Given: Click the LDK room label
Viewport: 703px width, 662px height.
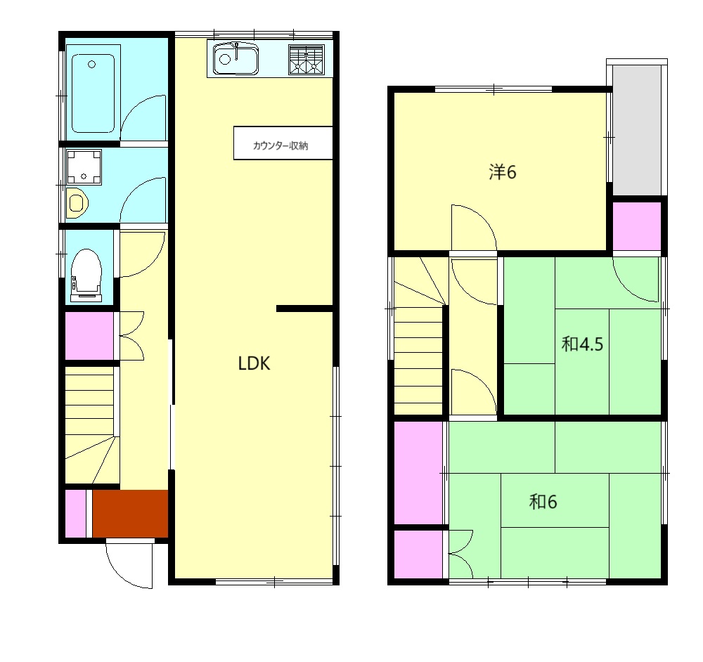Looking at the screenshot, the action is pyautogui.click(x=254, y=363).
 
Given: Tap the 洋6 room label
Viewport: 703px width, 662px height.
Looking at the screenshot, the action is pyautogui.click(x=502, y=171).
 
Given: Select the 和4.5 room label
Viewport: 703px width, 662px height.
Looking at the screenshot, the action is pyautogui.click(x=582, y=344).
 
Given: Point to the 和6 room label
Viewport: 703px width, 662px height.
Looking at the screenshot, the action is pyautogui.click(x=543, y=502).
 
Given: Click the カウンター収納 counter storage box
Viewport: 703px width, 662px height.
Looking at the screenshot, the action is pyautogui.click(x=283, y=143).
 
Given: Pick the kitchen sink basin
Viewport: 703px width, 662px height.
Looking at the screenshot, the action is pyautogui.click(x=236, y=59).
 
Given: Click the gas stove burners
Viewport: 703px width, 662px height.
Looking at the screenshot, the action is pyautogui.click(x=307, y=59).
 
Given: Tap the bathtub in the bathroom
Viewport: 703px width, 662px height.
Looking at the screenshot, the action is pyautogui.click(x=93, y=93).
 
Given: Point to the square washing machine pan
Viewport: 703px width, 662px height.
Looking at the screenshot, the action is pyautogui.click(x=84, y=167).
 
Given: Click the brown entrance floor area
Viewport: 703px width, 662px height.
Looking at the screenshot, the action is pyautogui.click(x=130, y=514).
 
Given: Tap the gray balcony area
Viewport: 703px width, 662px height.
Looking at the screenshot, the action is pyautogui.click(x=637, y=130).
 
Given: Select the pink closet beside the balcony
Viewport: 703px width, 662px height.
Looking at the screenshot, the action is pyautogui.click(x=637, y=226).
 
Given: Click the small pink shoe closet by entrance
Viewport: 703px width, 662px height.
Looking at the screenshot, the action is pyautogui.click(x=76, y=514).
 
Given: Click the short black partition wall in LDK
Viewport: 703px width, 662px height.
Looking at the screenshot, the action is pyautogui.click(x=304, y=309).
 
